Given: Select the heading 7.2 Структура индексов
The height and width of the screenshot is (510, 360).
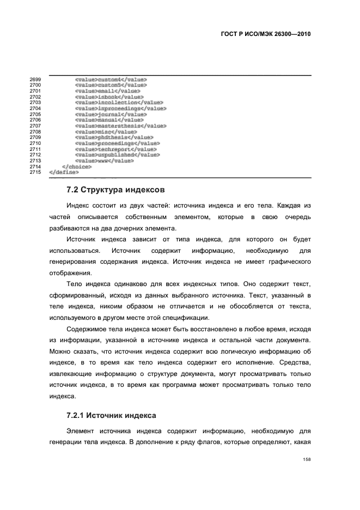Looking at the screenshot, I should (112, 190).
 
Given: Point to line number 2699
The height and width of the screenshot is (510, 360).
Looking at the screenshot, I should (35, 80).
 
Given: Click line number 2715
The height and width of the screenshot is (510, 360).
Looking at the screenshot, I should (35, 172).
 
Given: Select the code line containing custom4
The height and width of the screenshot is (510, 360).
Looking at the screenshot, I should (111, 80).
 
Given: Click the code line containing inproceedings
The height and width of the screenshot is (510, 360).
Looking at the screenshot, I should (120, 108).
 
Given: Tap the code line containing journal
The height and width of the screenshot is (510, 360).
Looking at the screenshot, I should (111, 114).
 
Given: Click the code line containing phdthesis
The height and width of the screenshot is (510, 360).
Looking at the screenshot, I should (114, 137).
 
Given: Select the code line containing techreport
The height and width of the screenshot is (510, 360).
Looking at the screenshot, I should (115, 149).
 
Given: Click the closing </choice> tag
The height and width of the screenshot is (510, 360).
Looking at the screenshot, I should (77, 167).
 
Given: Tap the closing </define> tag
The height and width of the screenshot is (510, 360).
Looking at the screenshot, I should (64, 172).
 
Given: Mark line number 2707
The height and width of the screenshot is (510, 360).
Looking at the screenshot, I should (35, 126).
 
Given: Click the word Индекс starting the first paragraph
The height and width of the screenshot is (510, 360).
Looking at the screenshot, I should (78, 207).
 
